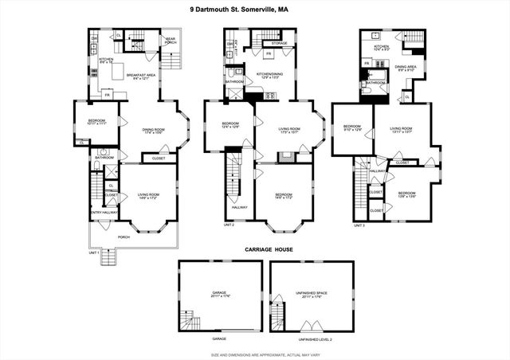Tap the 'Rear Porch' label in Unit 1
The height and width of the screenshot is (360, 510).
coord(171,40)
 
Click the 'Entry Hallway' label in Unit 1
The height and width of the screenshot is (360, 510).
coord(104,213)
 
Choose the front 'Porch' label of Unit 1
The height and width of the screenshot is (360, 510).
coord(124,236)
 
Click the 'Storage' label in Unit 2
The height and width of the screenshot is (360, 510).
coord(279,45)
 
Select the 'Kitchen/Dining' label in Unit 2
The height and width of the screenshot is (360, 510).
coord(269,75)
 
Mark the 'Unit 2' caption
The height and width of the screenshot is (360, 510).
coord(229,225)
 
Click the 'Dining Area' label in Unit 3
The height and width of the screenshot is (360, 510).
coord(407,66)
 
